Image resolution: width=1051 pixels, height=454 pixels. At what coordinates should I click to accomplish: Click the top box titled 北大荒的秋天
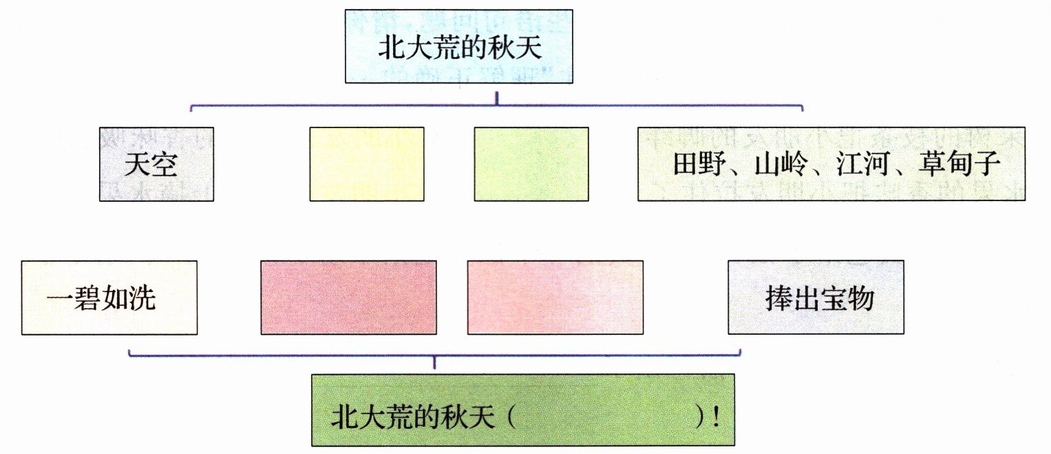[459, 46]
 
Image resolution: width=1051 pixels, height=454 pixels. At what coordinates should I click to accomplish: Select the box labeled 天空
[156, 164]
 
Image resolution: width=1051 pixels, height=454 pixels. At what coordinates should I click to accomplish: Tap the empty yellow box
[366, 164]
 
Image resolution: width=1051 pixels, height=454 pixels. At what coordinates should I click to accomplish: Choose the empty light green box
[531, 164]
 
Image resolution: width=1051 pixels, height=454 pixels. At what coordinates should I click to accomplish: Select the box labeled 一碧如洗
[109, 298]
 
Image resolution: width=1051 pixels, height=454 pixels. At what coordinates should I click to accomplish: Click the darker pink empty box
[348, 298]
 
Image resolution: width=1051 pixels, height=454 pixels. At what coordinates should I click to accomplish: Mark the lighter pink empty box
[555, 298]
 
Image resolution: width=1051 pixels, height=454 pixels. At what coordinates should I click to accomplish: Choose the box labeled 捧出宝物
[816, 298]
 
